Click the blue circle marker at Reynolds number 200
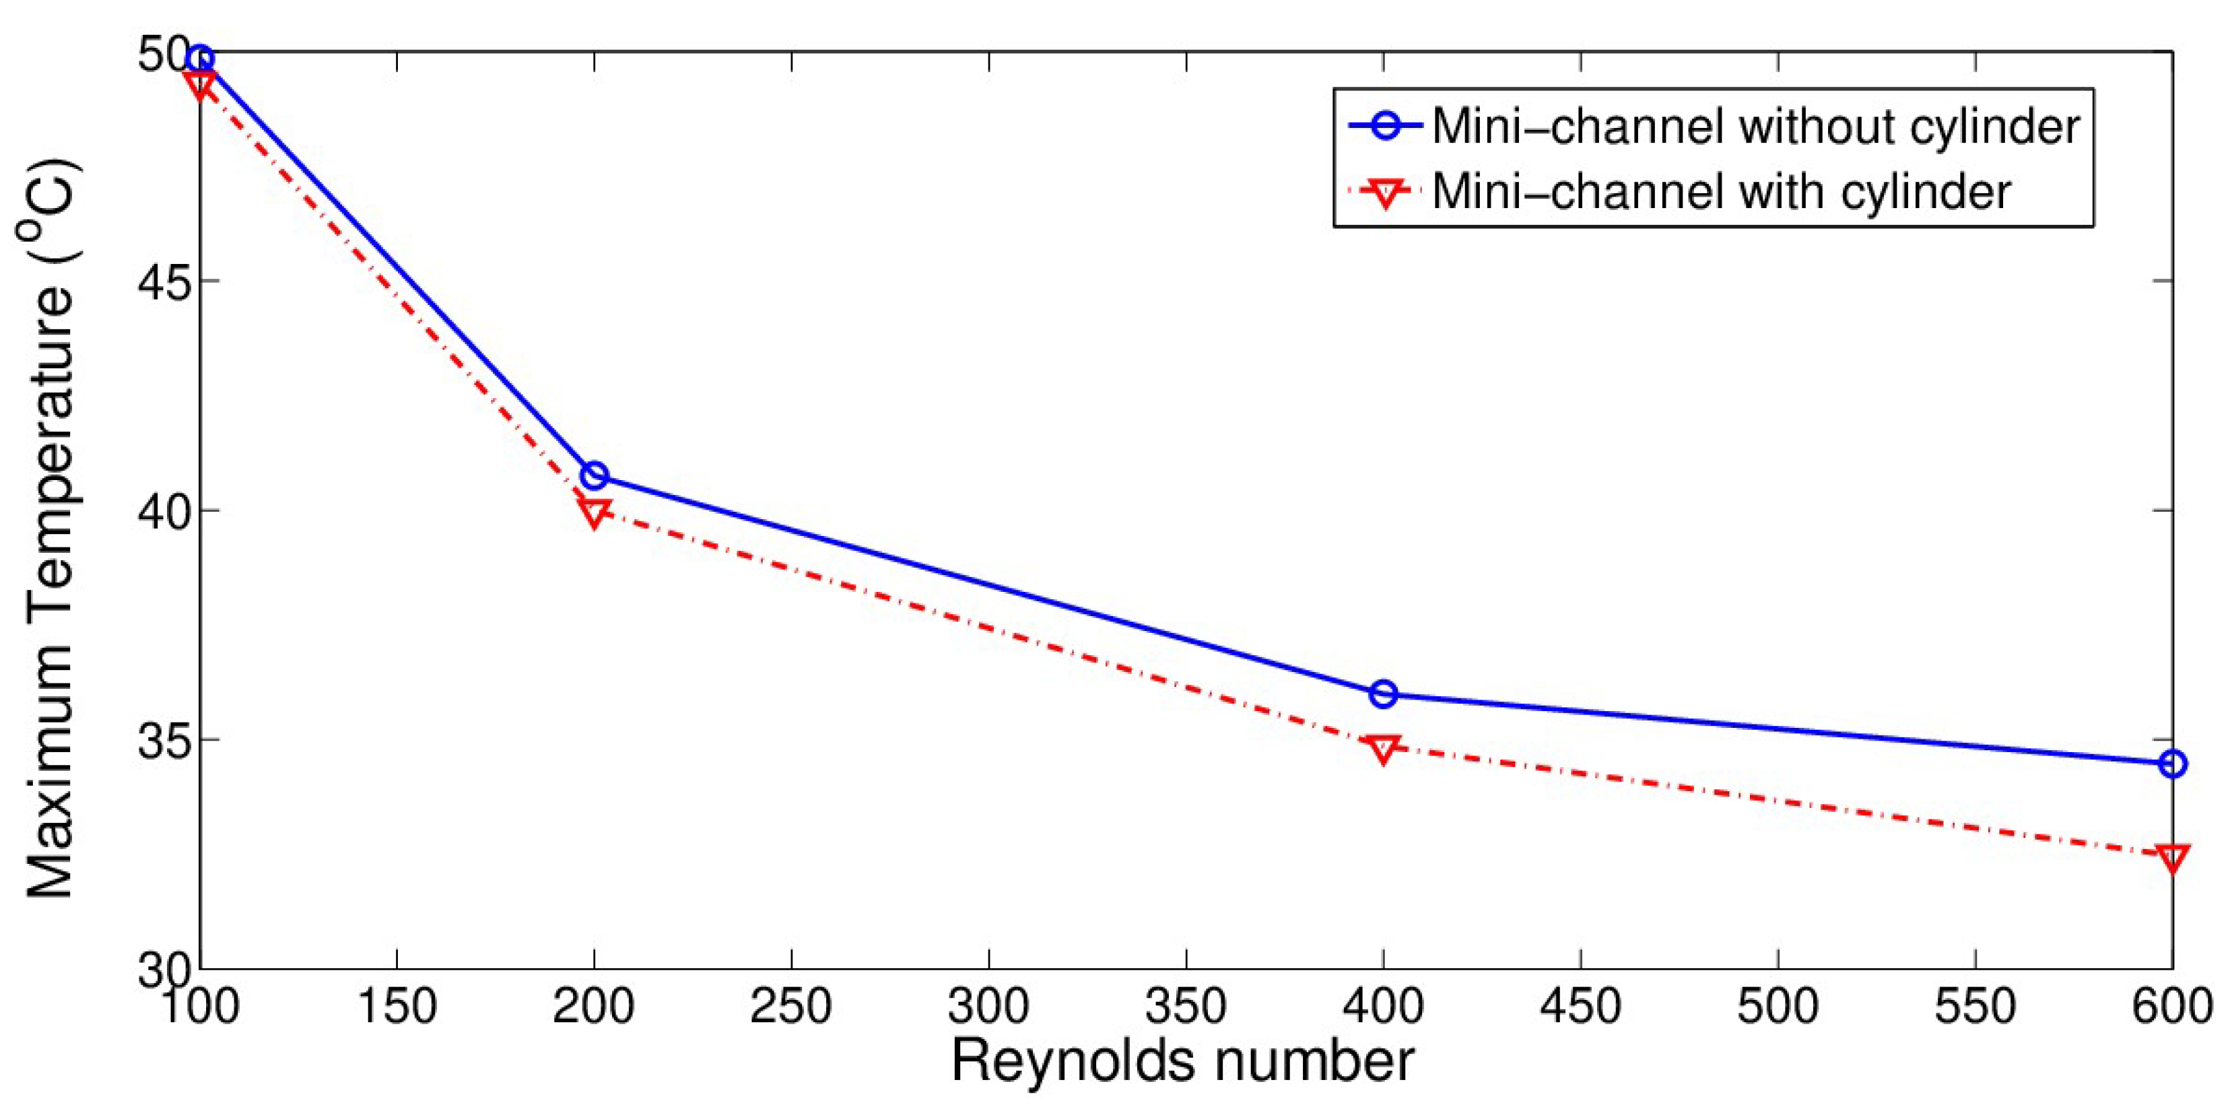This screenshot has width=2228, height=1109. [594, 476]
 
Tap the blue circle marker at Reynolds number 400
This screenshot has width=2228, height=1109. [1383, 694]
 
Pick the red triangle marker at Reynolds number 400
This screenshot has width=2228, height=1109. [1383, 748]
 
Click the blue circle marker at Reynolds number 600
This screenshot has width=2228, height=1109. [2172, 764]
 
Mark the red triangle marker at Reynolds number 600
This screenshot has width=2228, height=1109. [2172, 856]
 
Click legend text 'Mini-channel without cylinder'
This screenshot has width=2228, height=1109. [1755, 127]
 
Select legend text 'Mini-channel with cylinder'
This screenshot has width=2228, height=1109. [1721, 191]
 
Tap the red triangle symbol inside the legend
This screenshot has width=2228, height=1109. [1386, 192]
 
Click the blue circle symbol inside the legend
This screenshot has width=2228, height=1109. [1386, 127]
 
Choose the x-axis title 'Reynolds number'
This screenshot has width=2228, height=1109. [1182, 1061]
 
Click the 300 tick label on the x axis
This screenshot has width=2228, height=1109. [988, 1007]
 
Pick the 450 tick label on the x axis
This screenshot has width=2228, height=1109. [1580, 1007]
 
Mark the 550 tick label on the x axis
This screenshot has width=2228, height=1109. [1975, 1007]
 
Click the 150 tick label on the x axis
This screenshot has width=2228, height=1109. [396, 1007]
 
